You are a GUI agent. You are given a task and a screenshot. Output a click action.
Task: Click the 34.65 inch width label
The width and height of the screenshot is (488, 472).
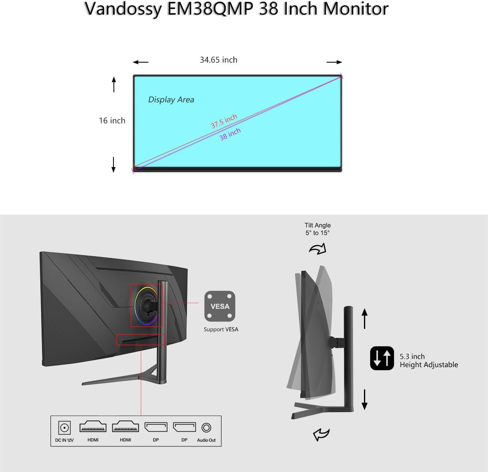click(x=218, y=60)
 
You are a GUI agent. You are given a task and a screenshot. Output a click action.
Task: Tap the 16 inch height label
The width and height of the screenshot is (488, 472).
click(x=112, y=121)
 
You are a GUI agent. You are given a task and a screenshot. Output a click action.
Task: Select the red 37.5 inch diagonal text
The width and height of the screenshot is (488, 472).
click(x=224, y=121)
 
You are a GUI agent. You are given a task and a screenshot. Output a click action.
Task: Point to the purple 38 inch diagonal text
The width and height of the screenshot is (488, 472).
click(x=230, y=134)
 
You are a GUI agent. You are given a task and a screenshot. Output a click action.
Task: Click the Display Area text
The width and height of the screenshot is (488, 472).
click(x=171, y=100)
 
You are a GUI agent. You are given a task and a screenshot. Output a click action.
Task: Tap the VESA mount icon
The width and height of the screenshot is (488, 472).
click(x=220, y=306)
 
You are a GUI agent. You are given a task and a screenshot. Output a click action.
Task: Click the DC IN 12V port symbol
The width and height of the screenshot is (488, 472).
click(x=64, y=428)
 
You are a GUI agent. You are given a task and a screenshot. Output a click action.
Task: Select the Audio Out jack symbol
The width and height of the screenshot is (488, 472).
click(x=206, y=428)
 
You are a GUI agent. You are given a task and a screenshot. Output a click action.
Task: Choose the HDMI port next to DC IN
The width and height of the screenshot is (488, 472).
click(x=93, y=427)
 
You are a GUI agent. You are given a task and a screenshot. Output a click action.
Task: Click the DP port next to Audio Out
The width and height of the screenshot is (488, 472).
click(x=184, y=427)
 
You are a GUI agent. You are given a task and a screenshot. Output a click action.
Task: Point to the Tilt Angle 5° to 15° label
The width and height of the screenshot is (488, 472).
click(x=318, y=229)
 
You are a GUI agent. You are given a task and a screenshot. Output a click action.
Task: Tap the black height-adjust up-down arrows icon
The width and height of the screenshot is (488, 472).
click(x=382, y=358)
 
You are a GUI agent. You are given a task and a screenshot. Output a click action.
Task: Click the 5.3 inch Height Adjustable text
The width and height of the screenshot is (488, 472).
click(x=429, y=361)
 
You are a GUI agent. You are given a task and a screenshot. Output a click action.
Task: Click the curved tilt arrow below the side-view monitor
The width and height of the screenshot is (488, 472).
click(x=321, y=435)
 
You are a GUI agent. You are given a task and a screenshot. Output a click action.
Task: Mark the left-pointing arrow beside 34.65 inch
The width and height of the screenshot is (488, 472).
click(x=141, y=62)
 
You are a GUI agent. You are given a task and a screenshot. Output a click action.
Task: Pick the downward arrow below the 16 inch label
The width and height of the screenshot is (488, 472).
click(x=113, y=164)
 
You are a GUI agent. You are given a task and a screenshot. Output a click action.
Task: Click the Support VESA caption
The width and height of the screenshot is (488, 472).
click(x=221, y=329)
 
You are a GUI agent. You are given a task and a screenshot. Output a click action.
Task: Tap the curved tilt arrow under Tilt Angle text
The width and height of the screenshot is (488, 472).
click(x=318, y=249)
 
